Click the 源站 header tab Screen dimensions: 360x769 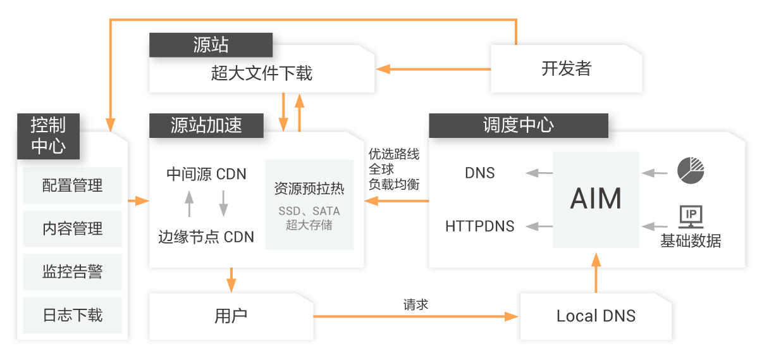[x=211, y=45]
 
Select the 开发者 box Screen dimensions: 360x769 [x=566, y=68]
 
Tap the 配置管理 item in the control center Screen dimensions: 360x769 [x=72, y=185]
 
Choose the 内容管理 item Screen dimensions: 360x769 [x=72, y=228]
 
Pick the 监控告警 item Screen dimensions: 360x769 [x=72, y=271]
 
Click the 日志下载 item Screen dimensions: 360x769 [x=72, y=314]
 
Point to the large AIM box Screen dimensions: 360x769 [x=596, y=199]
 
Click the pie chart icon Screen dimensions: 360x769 [x=691, y=169]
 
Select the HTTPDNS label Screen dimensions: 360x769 [x=480, y=226]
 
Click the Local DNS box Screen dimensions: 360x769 [x=596, y=316]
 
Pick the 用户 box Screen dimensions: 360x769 [x=231, y=316]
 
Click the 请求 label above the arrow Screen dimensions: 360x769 [x=415, y=304]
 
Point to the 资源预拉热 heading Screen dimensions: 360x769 [x=309, y=189]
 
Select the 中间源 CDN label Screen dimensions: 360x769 [x=206, y=173]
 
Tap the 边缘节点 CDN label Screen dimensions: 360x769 [x=206, y=237]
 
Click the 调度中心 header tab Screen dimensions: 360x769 [x=518, y=125]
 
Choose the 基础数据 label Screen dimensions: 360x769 [x=691, y=241]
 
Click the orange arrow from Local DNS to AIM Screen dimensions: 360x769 [x=595, y=272]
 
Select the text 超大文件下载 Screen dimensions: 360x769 [x=262, y=73]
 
